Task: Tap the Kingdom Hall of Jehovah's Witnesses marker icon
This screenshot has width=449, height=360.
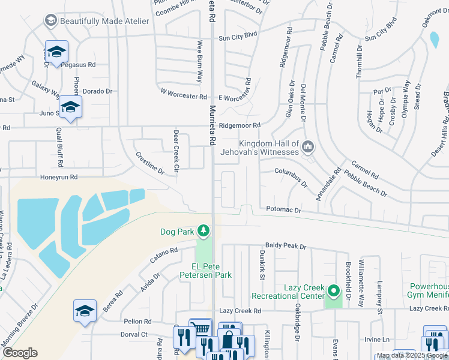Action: click(x=308, y=146)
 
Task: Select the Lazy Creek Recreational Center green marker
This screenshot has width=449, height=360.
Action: click(x=333, y=292)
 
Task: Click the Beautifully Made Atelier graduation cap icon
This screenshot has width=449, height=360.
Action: click(x=51, y=21)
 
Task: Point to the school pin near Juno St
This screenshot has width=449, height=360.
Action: click(x=70, y=107)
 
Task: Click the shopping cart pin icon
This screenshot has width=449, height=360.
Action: click(x=200, y=329)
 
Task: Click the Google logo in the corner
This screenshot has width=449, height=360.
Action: click(x=20, y=353)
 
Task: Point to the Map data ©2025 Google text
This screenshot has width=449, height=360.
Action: click(x=412, y=355)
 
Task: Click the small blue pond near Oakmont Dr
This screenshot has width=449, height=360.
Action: click(x=434, y=39)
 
